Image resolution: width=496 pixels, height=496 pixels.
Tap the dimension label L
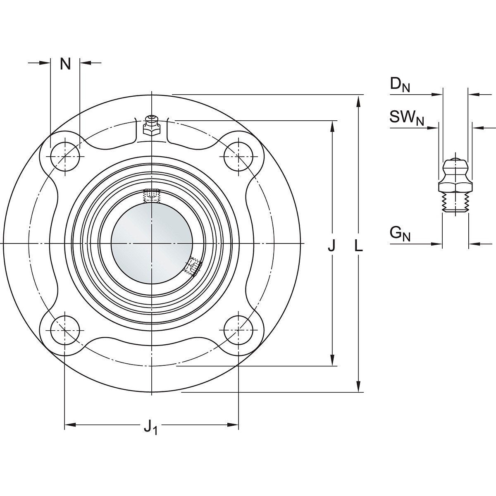[x=358, y=245]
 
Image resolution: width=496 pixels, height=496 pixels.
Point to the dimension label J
[x=332, y=245]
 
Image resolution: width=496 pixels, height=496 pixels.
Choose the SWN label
[x=407, y=117]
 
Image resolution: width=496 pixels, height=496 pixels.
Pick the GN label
[x=400, y=235]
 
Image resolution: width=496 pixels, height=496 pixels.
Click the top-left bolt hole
[x=65, y=157]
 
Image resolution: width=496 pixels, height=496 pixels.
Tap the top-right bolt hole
[x=238, y=157]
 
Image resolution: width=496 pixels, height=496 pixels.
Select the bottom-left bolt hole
[x=65, y=330]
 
